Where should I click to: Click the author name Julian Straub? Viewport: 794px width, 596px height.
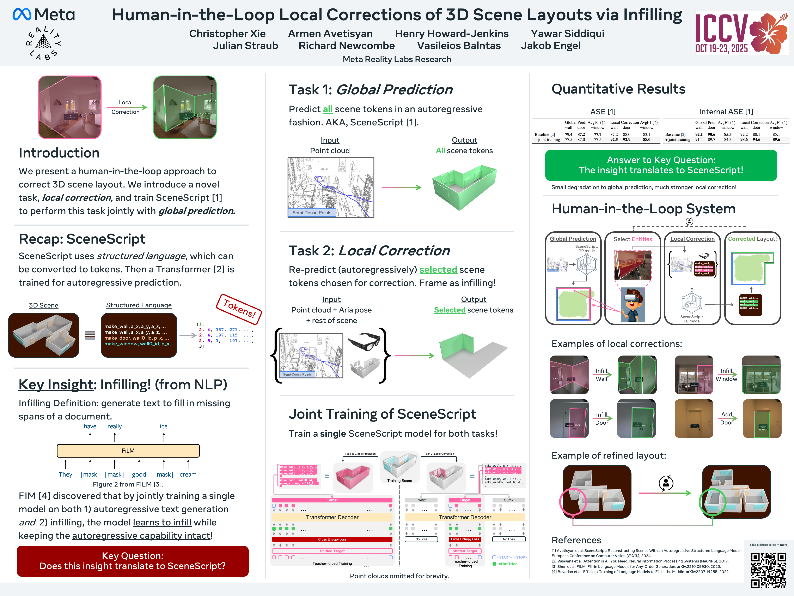pyautogui.click(x=245, y=46)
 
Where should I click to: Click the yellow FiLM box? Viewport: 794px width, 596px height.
pyautogui.click(x=128, y=451)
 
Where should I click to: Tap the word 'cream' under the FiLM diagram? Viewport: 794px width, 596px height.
pyautogui.click(x=188, y=474)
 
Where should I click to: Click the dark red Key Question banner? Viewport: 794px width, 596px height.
pyautogui.click(x=133, y=561)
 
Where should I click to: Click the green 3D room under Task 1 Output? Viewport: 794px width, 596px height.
pyautogui.click(x=464, y=187)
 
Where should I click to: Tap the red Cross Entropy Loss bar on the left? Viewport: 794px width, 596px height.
pyautogui.click(x=332, y=539)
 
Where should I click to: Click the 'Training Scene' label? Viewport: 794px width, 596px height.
pyautogui.click(x=399, y=481)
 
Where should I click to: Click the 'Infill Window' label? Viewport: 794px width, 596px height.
pyautogui.click(x=726, y=375)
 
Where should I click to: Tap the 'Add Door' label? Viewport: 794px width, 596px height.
pyautogui.click(x=727, y=418)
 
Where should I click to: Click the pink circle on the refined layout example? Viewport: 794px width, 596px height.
pyautogui.click(x=573, y=501)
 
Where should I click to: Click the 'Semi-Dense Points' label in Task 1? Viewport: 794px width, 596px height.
pyautogui.click(x=312, y=213)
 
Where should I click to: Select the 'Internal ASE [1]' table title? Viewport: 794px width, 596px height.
pyautogui.click(x=726, y=112)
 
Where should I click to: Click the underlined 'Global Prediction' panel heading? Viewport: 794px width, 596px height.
pyautogui.click(x=573, y=239)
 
